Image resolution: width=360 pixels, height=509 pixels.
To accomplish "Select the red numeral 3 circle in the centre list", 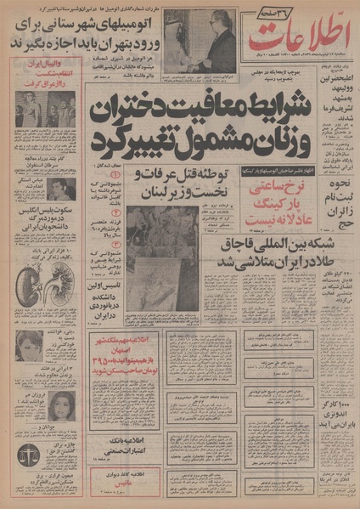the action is point(118,253).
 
